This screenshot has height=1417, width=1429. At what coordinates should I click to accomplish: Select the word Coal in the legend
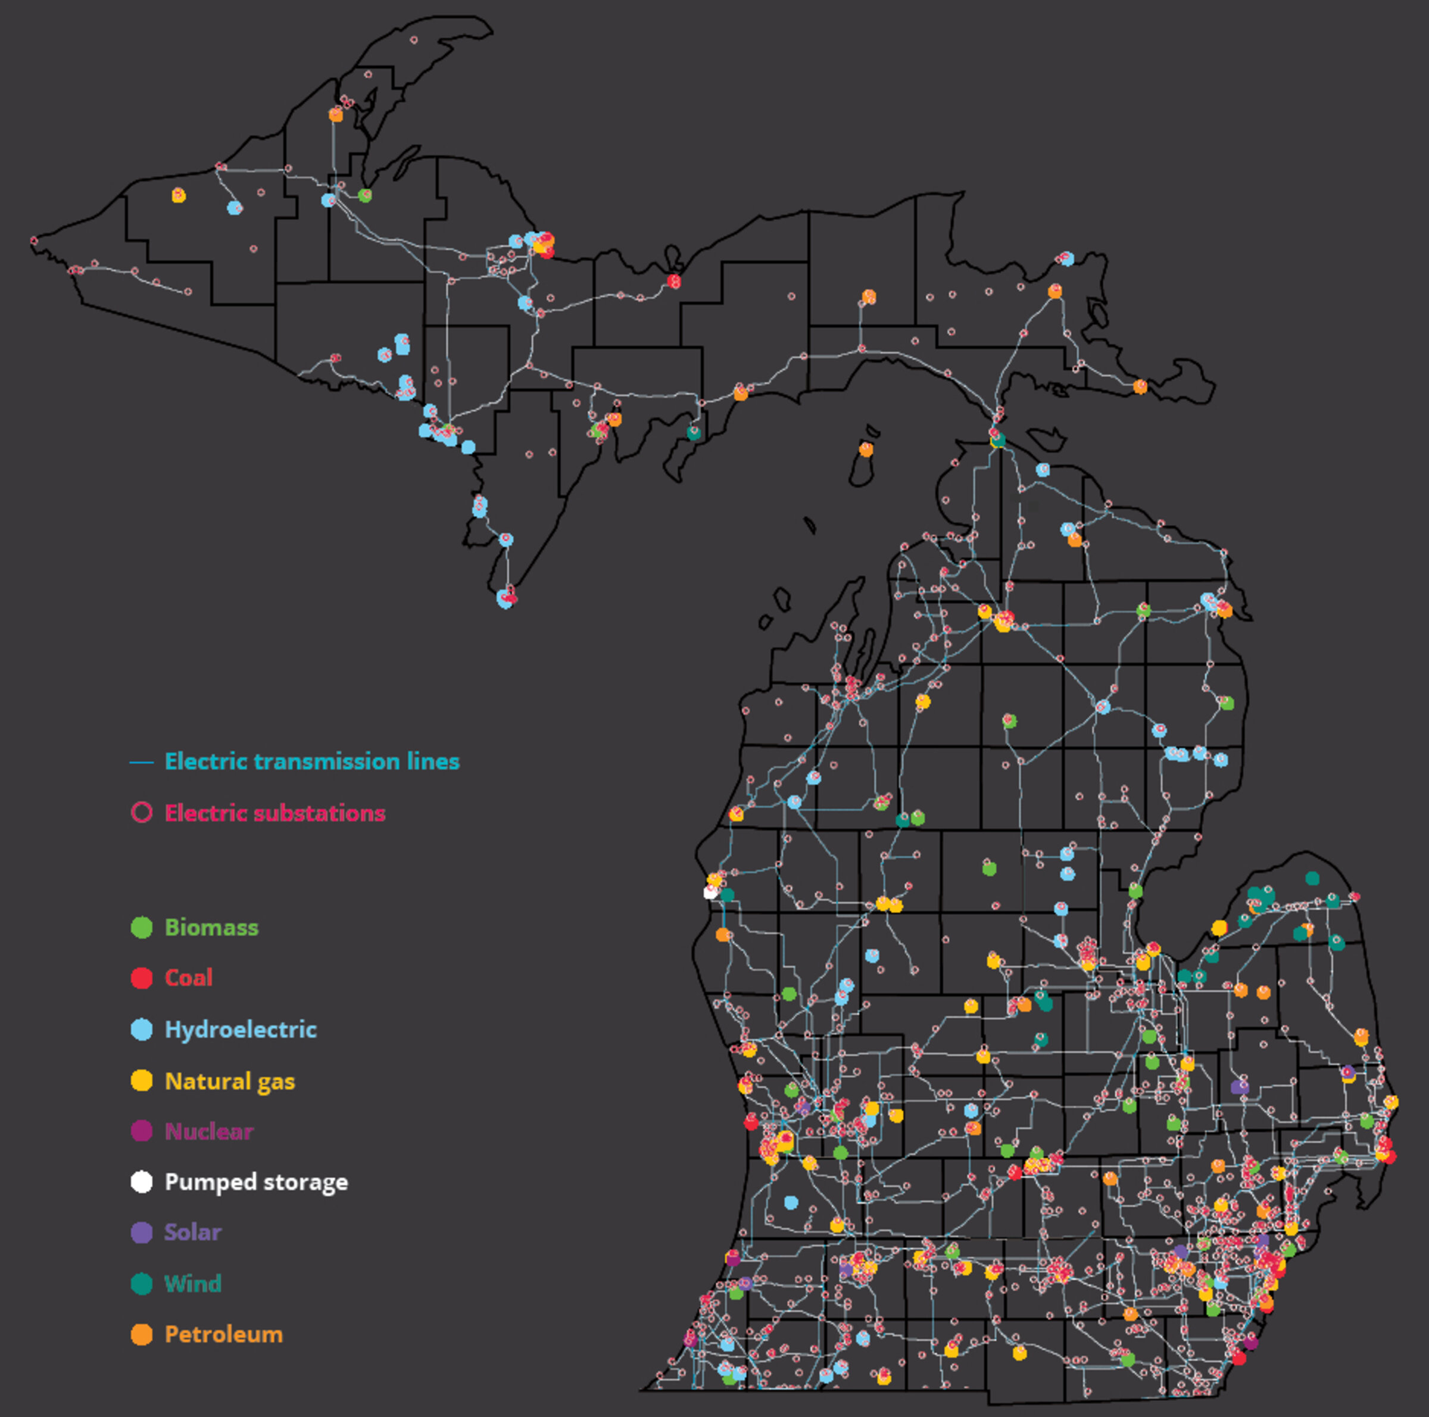coord(189,978)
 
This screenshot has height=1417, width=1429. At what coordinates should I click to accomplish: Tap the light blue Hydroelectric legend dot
coord(141,1029)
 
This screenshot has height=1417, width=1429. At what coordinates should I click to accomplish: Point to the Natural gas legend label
coord(229,1081)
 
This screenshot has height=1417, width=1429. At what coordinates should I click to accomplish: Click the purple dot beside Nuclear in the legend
coord(141,1131)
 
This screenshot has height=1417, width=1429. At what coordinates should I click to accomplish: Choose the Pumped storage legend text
coord(256,1182)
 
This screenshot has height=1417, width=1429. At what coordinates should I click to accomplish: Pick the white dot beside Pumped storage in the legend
coord(141,1182)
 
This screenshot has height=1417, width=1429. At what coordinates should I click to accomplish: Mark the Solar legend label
coord(192,1232)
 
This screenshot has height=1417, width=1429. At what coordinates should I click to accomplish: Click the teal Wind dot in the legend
coord(141,1283)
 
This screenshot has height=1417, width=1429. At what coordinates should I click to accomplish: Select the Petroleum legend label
coord(223,1334)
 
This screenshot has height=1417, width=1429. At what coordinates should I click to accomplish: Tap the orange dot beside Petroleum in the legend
coord(141,1334)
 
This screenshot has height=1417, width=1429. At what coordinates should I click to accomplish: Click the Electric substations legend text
coord(274,813)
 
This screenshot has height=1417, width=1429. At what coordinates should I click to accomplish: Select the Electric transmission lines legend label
coord(311,761)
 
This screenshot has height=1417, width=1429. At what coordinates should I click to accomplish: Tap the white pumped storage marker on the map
coord(710,892)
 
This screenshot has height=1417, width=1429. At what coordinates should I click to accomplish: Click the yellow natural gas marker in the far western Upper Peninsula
coord(178,195)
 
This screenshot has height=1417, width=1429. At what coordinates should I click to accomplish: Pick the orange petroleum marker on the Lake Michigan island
coord(865,449)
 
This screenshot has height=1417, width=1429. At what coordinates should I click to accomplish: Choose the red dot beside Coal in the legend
coord(141,978)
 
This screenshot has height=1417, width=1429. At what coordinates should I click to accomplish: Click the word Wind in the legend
coord(192,1283)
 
